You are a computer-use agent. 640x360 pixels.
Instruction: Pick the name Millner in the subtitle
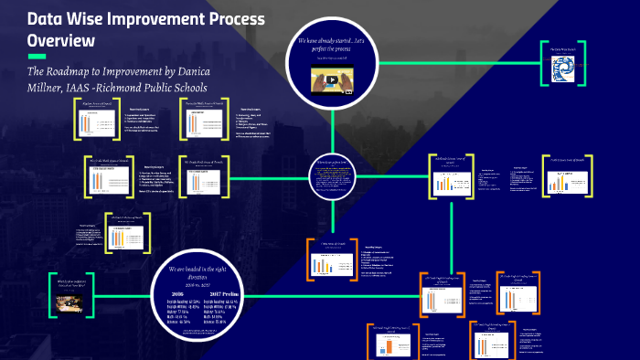pyautogui.click(x=50, y=88)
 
